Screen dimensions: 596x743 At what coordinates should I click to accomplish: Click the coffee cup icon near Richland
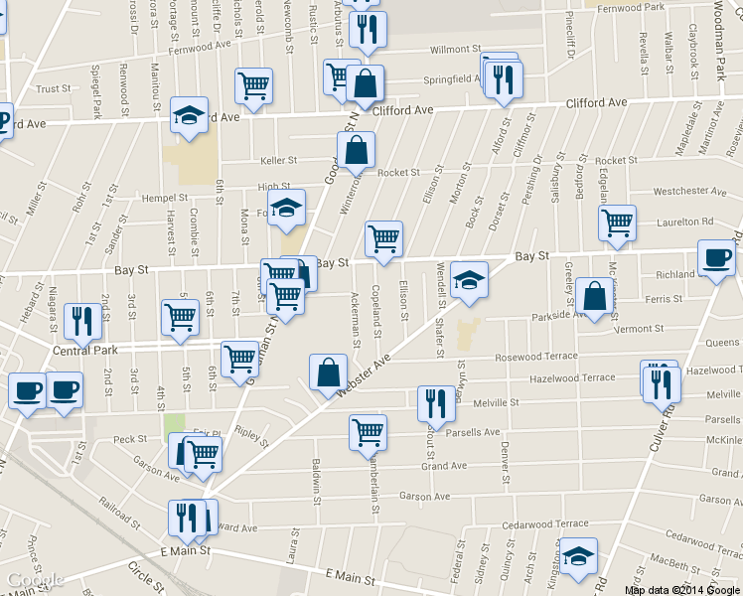click(x=716, y=259)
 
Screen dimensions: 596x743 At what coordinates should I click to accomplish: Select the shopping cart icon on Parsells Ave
click(x=368, y=432)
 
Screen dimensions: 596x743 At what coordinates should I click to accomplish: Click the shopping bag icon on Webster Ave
click(x=329, y=373)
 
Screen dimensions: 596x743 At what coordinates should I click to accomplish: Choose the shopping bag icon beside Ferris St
click(x=594, y=297)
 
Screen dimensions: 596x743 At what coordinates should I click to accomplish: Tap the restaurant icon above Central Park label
click(x=78, y=321)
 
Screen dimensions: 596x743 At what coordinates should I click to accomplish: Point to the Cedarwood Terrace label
click(x=544, y=523)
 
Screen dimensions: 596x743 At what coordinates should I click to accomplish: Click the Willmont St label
click(x=454, y=49)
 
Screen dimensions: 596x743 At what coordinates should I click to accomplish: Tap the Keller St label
click(x=278, y=160)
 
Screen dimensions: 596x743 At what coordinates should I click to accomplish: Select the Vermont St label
click(x=638, y=329)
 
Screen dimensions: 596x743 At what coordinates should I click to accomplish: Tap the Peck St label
click(x=129, y=439)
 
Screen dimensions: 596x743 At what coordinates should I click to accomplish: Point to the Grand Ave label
click(x=443, y=466)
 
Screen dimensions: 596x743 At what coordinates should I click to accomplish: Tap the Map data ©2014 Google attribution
click(x=681, y=589)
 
